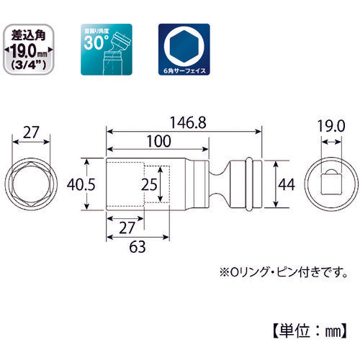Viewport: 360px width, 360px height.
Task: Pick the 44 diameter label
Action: click(286, 184)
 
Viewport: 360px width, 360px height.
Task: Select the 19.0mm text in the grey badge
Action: click(32, 50)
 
